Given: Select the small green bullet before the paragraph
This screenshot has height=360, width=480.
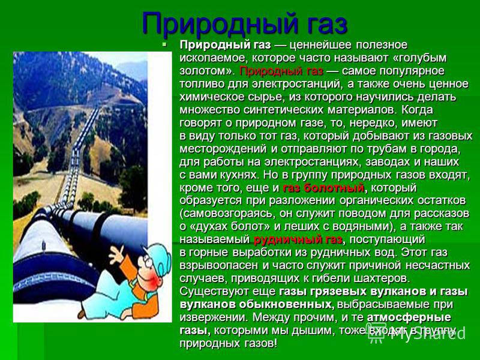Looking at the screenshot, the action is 164,44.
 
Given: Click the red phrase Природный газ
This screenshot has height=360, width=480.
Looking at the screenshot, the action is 281,71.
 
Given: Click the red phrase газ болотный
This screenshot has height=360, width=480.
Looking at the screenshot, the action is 323,188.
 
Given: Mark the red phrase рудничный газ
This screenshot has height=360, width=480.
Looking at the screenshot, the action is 298,239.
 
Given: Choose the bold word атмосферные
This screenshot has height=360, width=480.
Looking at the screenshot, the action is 409,317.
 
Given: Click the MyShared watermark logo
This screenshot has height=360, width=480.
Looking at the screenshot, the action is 416,333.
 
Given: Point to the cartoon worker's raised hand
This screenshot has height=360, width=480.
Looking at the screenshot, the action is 116,254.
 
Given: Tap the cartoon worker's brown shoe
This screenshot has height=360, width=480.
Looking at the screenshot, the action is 82,314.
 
